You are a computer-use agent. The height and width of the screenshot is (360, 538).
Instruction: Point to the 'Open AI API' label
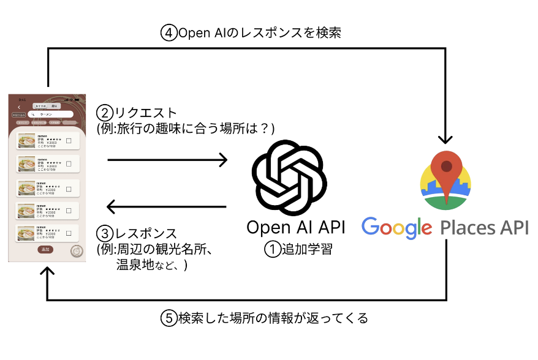click(x=295, y=228)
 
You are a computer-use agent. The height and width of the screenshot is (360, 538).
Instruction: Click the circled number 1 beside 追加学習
click(x=271, y=249)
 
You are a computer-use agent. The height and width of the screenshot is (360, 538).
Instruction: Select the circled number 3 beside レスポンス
click(x=105, y=234)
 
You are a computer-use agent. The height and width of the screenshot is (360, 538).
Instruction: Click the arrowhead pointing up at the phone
click(x=47, y=274)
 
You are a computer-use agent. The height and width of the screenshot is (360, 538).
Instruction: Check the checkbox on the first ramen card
click(x=69, y=141)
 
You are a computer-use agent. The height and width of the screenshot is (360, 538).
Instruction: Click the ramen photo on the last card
click(x=26, y=233)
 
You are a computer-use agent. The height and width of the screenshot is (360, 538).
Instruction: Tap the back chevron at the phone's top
click(x=19, y=107)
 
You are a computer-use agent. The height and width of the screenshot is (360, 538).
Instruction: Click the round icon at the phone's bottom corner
click(x=77, y=250)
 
